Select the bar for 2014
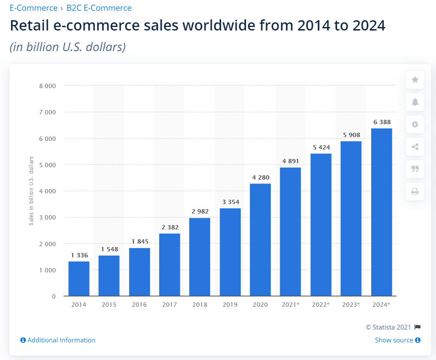pyautogui.click(x=79, y=278)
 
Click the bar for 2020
pyautogui.click(x=260, y=240)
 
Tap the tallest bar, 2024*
pyautogui.click(x=381, y=212)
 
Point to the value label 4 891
pyautogui.click(x=291, y=161)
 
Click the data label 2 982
pyautogui.click(x=200, y=211)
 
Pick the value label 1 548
pyautogui.click(x=109, y=249)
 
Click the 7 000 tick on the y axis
pyautogui.click(x=47, y=112)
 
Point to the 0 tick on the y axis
pyautogui.click(x=54, y=296)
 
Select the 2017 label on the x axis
pyautogui.click(x=170, y=305)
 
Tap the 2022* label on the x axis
pyautogui.click(x=321, y=305)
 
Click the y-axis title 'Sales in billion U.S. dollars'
pyautogui.click(x=31, y=191)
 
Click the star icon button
pyautogui.click(x=415, y=80)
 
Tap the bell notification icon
pyautogui.click(x=415, y=102)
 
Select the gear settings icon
pyautogui.click(x=415, y=125)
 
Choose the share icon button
pyautogui.click(x=415, y=147)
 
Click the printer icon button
pyautogui.click(x=415, y=192)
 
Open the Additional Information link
pyautogui.click(x=58, y=340)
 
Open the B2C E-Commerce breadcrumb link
pyautogui.click(x=99, y=8)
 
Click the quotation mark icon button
pyautogui.click(x=415, y=169)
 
